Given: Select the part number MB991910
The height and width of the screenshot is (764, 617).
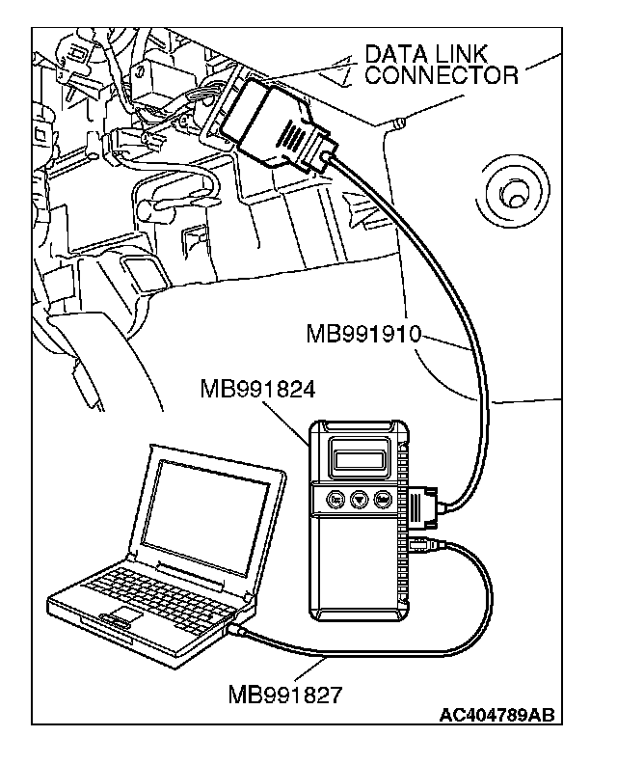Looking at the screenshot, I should tap(364, 335).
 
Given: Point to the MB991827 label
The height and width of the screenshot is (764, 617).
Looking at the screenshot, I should tap(285, 693).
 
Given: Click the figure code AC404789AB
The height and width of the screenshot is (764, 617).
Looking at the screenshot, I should tap(496, 715).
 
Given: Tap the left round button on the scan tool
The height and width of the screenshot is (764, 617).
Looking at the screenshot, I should tap(335, 500).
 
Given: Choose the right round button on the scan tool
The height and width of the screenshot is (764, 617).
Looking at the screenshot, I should tap(384, 500).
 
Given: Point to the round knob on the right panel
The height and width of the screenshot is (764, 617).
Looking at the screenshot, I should tap(512, 192).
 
